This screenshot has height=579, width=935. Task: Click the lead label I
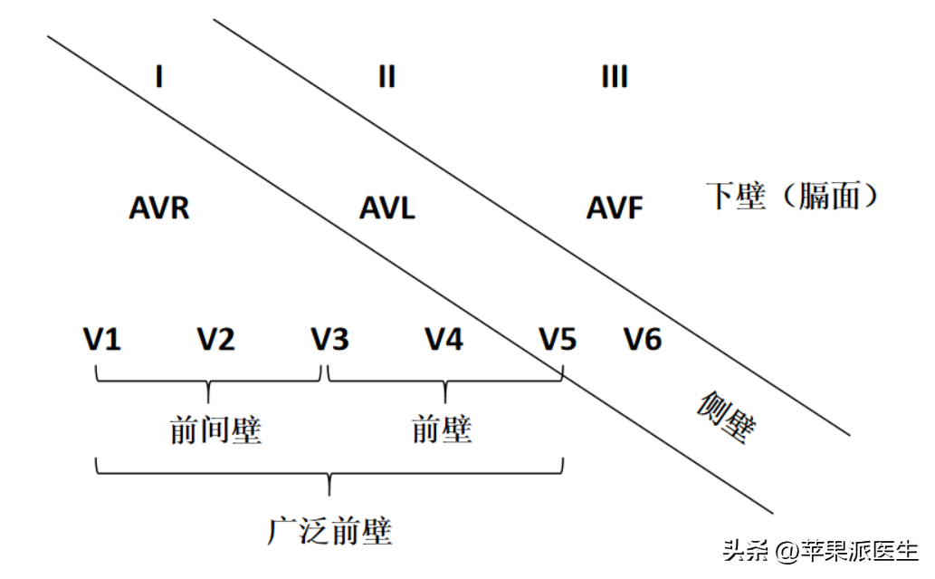pos(159,77)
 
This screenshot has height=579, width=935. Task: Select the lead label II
pos(386,77)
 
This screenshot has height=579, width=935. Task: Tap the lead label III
pos(615,77)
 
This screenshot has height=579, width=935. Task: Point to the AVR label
pos(159,208)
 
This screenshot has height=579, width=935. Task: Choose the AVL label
pos(387,208)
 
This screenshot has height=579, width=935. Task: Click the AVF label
pos(615,208)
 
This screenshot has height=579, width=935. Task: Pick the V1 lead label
pos(102,340)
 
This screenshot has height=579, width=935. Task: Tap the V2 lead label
pos(216,340)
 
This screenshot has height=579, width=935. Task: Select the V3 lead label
pos(330,340)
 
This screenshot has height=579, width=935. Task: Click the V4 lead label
pos(444,340)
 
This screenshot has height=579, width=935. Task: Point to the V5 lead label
pos(558,340)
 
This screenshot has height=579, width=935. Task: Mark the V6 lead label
pos(643,340)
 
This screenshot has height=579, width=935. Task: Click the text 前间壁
pos(215,429)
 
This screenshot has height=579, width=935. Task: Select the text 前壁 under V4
pos(442,429)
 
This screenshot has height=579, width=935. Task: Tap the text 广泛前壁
pos(329,530)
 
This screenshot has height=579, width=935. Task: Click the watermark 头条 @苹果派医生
pos(819,550)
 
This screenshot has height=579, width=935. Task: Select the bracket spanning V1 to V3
pos(209,381)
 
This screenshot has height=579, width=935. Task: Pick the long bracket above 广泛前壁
pos(329,472)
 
